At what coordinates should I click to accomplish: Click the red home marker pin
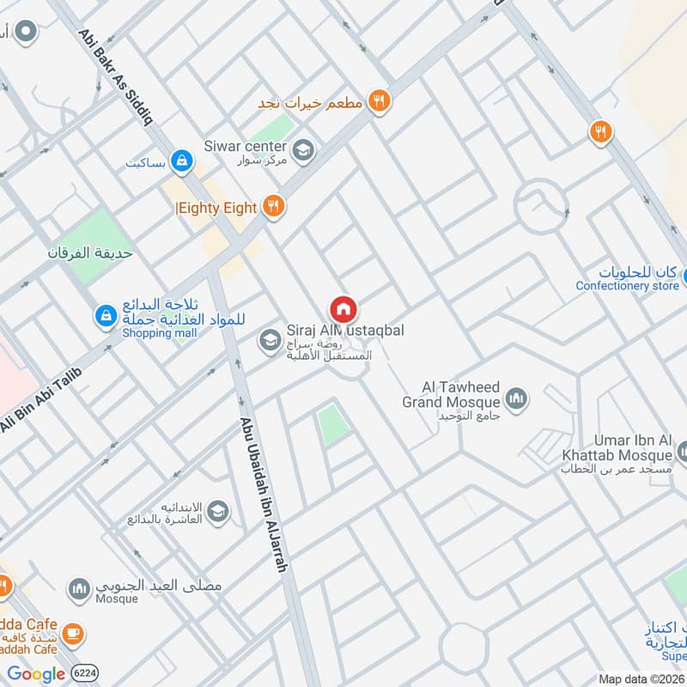tap(343, 308)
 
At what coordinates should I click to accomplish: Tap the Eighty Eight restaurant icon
tap(274, 206)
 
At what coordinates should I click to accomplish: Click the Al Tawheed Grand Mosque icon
tap(516, 398)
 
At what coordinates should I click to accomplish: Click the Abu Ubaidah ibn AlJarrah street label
tap(261, 494)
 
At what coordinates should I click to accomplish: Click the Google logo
tap(36, 674)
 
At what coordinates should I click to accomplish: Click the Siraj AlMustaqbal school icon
tap(270, 341)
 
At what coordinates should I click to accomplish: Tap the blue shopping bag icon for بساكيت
tap(182, 160)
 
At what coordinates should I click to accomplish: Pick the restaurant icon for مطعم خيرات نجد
tap(379, 102)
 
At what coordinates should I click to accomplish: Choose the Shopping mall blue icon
tap(106, 316)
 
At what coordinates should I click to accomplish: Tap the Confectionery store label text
tap(627, 286)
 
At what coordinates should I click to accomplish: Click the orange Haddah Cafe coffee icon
tap(74, 632)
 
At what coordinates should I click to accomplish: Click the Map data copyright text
tap(640, 678)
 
